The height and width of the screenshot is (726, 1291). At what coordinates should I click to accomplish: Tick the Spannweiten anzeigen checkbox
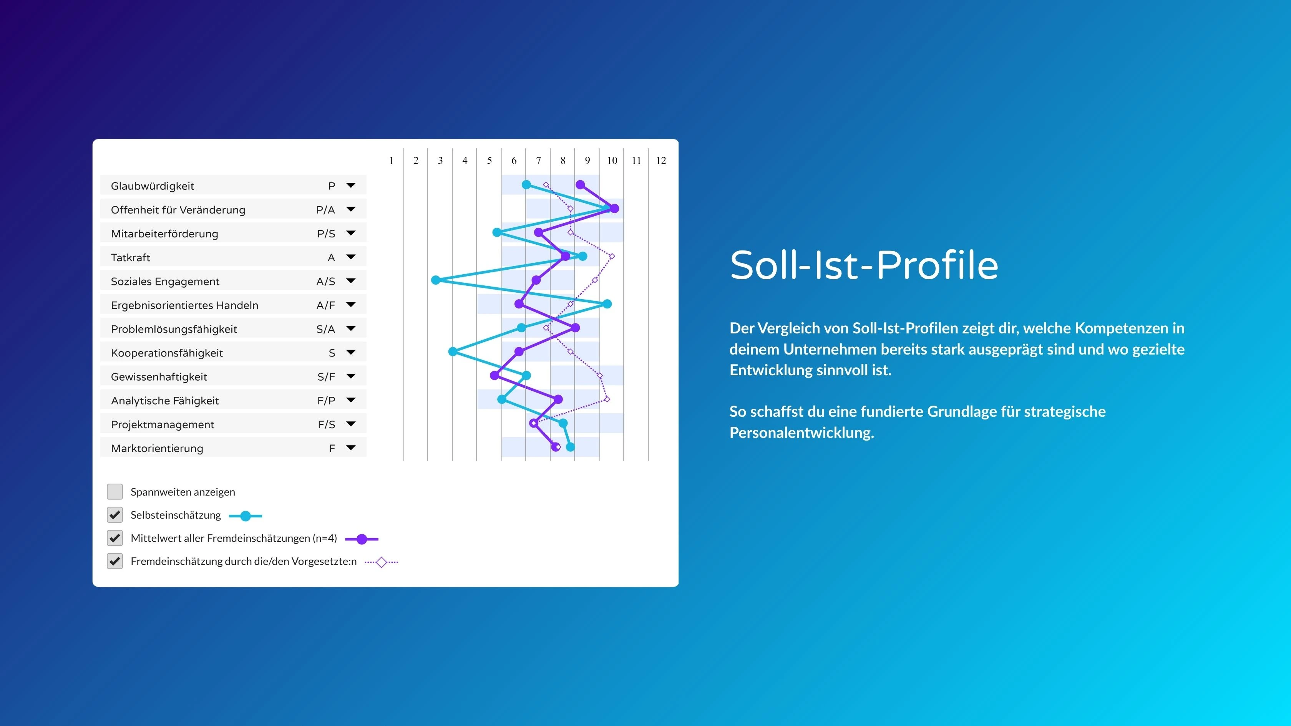(115, 492)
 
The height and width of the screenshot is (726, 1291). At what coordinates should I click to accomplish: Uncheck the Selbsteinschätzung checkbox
(115, 515)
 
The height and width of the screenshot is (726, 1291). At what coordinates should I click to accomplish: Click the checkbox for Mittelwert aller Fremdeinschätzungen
(115, 538)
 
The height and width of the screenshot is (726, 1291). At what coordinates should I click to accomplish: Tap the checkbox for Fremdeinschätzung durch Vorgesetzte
(115, 561)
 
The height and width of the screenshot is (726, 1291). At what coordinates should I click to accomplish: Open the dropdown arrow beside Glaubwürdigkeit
(351, 186)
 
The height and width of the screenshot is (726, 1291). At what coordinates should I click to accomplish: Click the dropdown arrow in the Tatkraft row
(351, 257)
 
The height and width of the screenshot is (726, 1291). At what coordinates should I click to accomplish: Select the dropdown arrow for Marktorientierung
(351, 448)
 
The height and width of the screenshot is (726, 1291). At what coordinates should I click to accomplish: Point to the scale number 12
(661, 160)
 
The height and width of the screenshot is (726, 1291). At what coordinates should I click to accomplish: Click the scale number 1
(392, 160)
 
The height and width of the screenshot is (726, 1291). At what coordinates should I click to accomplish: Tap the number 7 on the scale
(538, 160)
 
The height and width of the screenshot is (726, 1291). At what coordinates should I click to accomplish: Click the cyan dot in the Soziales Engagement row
(435, 280)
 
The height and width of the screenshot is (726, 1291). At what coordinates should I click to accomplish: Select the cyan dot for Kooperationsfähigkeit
(453, 352)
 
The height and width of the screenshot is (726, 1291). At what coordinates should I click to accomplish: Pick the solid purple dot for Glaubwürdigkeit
(580, 185)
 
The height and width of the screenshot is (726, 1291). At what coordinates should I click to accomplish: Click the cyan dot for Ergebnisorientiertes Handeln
(607, 303)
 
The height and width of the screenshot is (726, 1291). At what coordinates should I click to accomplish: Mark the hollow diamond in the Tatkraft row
(611, 257)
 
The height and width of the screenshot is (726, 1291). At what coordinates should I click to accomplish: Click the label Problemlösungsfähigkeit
(174, 329)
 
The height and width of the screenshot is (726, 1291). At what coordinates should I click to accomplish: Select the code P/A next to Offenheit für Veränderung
(326, 210)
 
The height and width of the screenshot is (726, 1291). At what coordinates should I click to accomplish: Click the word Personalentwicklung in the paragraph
(801, 433)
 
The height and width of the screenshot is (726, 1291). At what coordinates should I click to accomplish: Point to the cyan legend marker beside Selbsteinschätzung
(246, 515)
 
